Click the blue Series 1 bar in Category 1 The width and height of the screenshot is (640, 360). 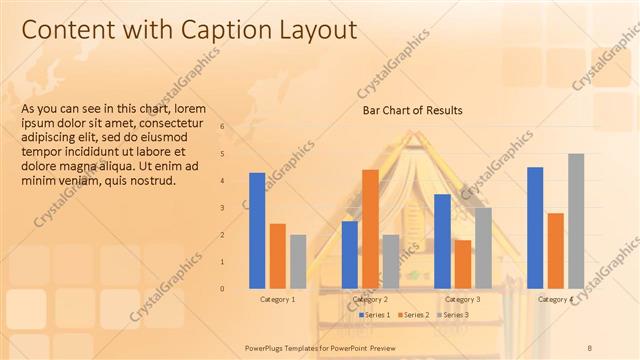coord(257,230)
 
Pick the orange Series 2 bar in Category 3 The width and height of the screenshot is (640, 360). coord(463,263)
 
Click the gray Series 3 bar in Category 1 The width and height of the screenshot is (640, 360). coord(298,261)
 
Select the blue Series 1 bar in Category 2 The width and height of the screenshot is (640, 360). coord(350,254)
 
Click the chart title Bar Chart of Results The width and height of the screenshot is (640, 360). coord(412,110)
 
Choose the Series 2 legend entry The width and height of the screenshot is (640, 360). coord(414,315)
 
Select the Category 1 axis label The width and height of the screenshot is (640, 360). coord(278,299)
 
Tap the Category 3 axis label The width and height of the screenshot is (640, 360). coord(462,299)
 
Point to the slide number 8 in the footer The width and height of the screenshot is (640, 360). coord(590,347)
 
